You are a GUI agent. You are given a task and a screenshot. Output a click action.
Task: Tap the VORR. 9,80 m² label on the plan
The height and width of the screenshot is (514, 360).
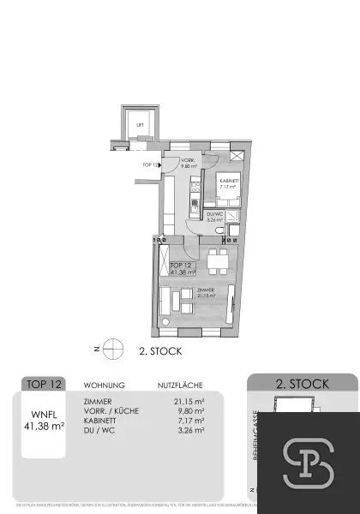tap(188, 164)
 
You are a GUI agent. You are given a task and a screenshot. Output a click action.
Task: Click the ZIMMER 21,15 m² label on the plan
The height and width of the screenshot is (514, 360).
tap(206, 293)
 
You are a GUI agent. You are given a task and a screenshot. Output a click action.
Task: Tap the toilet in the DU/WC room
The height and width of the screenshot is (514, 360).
tap(221, 231)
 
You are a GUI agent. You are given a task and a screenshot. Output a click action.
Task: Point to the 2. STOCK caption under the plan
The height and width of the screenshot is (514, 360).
tap(159, 350)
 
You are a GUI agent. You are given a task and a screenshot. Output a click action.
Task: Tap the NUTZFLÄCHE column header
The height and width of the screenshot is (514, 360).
tap(180, 385)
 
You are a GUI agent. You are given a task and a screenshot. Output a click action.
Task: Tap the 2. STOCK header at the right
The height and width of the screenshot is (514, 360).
tap(303, 385)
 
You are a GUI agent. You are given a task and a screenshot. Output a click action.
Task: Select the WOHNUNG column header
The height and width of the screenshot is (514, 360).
tap(105, 385)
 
